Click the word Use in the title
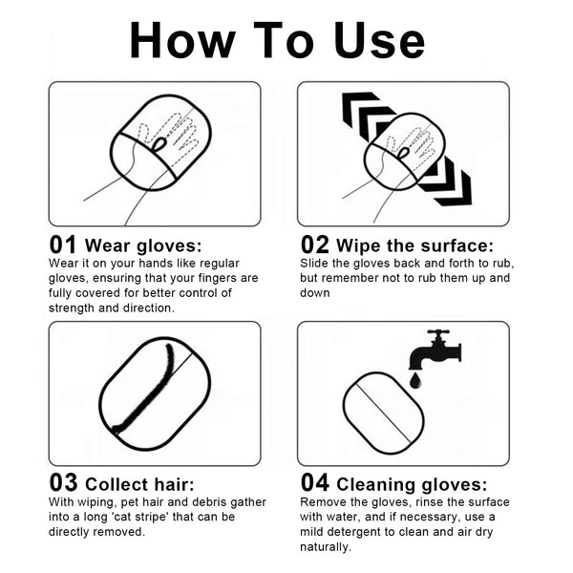pos(379,40)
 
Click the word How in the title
pos(182,40)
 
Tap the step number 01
pos(63,244)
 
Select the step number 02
pos(314,244)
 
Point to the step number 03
pos(63,482)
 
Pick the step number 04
pos(314,482)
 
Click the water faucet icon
pos(435,350)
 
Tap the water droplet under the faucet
pos(415,380)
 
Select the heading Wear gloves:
pos(143,245)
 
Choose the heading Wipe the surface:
pos(414,245)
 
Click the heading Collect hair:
pos(139,484)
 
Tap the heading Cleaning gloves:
pos(412,484)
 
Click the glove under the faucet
pos(384,414)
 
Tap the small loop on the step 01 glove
pos(159,143)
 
